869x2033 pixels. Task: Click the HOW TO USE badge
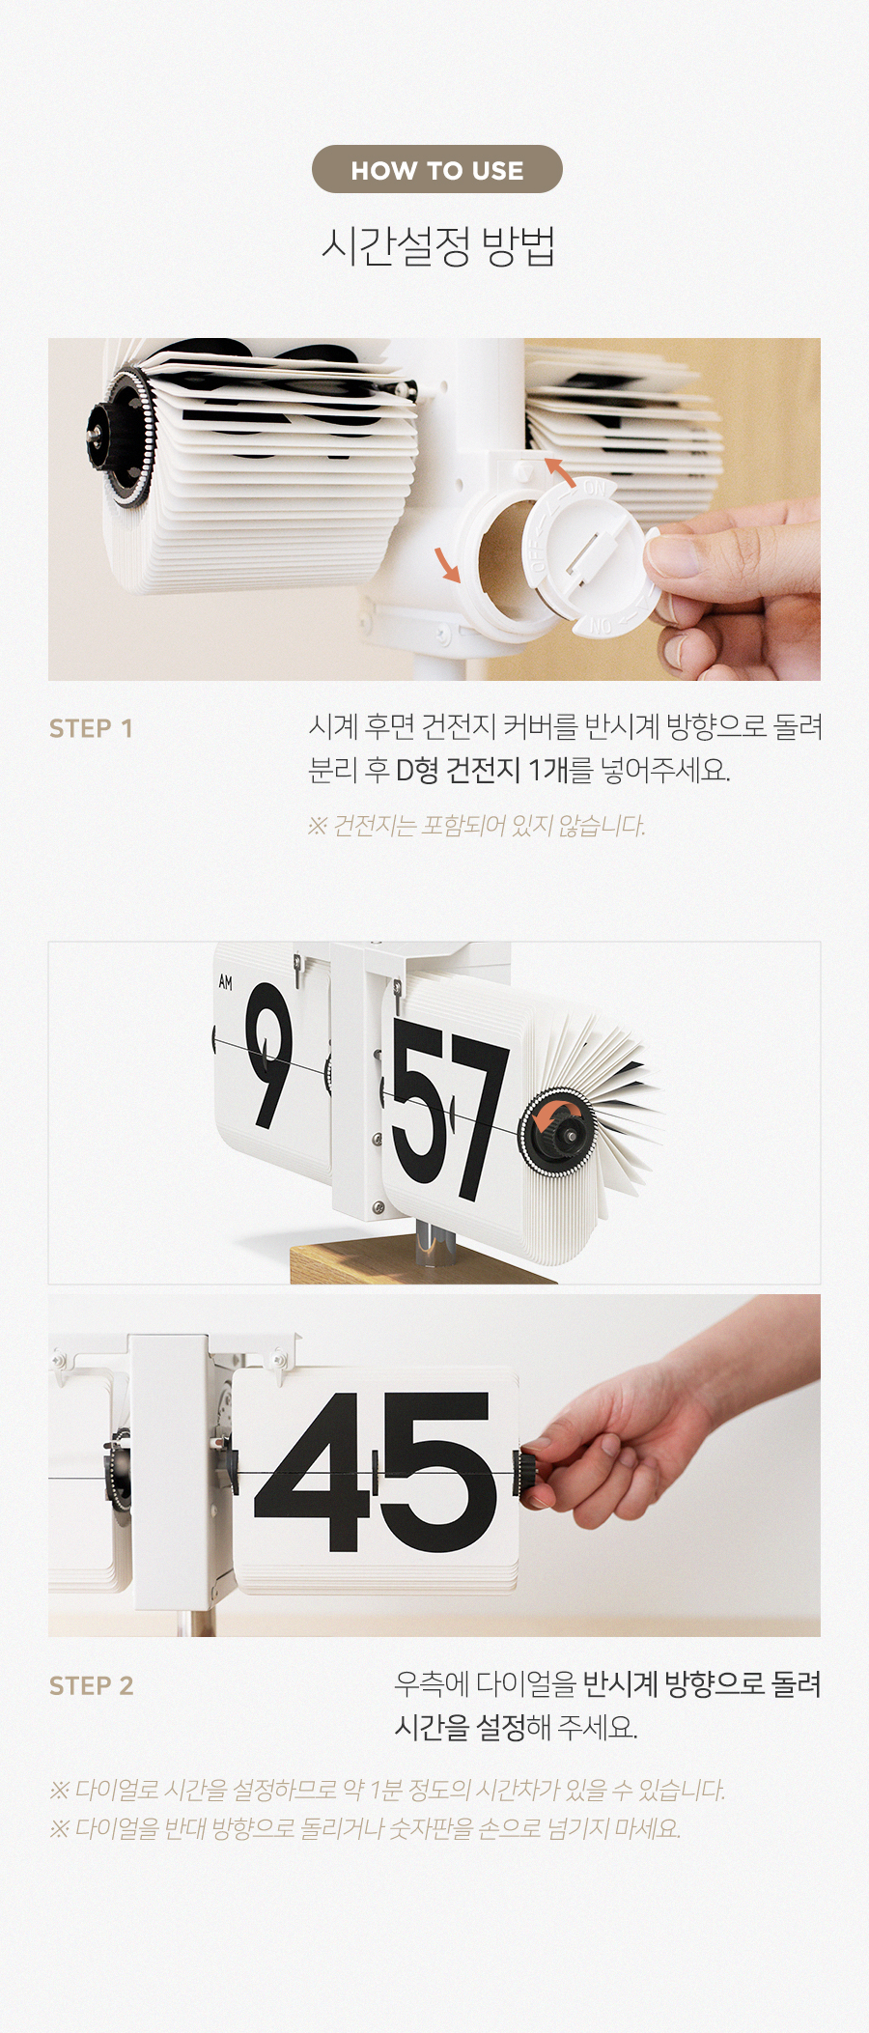tap(436, 169)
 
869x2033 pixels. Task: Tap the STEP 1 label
tap(91, 728)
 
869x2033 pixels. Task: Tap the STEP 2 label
tap(91, 1685)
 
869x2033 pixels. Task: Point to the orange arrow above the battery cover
tap(559, 470)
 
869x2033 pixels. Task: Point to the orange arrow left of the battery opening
tap(446, 564)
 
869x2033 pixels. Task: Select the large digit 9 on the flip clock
tap(269, 1054)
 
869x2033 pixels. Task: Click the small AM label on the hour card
tap(225, 982)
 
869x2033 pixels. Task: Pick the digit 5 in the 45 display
tap(438, 1473)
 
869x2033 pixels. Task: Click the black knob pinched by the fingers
tap(530, 1475)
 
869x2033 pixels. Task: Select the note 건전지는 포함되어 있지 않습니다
tap(477, 826)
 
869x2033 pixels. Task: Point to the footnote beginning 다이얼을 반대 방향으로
tap(366, 1828)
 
